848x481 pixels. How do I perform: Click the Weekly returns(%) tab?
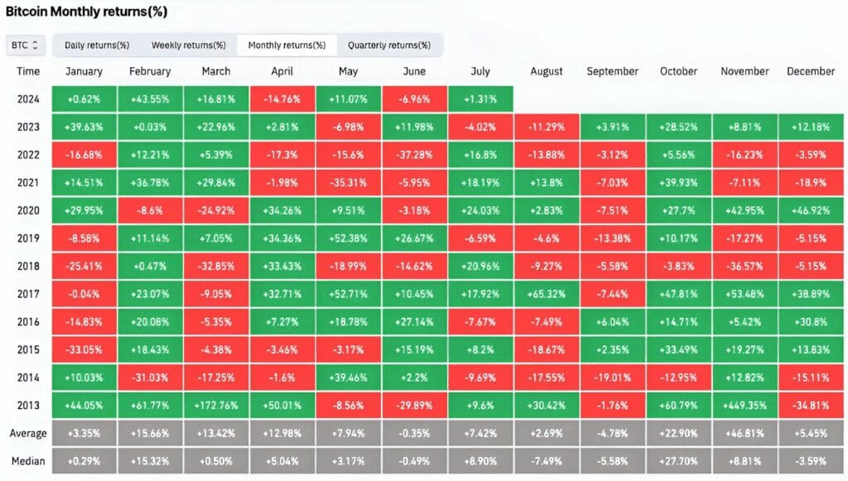188,45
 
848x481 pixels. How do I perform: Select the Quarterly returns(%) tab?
388,45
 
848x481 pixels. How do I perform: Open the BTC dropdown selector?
26,45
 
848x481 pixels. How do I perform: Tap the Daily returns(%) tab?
97,45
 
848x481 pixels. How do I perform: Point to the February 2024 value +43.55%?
150,99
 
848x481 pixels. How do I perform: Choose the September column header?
613,71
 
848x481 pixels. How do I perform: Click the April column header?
282,71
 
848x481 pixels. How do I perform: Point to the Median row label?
28,461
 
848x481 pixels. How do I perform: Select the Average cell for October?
678,433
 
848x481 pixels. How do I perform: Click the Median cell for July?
480,461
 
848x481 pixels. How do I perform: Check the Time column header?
28,71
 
